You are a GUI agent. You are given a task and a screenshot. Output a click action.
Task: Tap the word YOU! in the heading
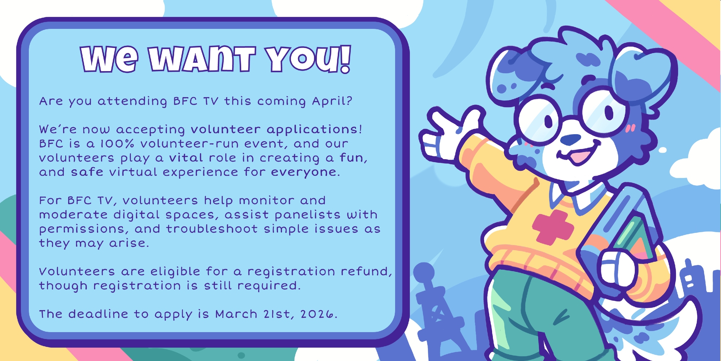[308, 59]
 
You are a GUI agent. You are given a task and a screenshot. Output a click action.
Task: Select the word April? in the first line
[332, 101]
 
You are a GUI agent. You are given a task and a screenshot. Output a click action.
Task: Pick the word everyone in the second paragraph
[304, 173]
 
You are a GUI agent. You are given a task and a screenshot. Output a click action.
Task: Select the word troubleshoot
[212, 229]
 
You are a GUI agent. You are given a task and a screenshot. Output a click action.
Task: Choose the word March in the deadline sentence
[236, 314]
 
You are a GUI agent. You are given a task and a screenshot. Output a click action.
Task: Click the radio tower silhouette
[433, 307]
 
